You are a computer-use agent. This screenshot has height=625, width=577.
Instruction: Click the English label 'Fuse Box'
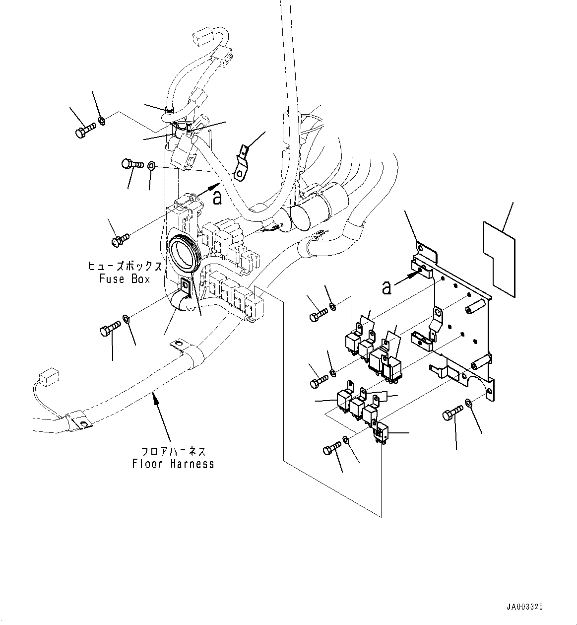pos(125,279)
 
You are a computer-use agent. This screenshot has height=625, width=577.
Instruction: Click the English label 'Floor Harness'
pos(173,464)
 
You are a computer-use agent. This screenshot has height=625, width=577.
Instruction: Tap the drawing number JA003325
pos(524,607)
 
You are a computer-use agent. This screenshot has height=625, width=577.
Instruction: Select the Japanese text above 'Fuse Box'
pos(125,267)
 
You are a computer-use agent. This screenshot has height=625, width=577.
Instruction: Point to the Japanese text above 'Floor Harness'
pos(173,452)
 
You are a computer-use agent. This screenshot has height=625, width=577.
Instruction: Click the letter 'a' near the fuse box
pos(217,198)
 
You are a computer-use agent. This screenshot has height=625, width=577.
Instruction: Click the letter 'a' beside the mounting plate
pos(386,287)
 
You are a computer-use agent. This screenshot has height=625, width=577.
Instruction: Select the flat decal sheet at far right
pos(499,259)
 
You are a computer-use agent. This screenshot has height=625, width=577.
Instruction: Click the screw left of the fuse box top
pos(121,239)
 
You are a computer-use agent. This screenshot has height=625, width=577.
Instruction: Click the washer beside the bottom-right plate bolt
pos(468,403)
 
